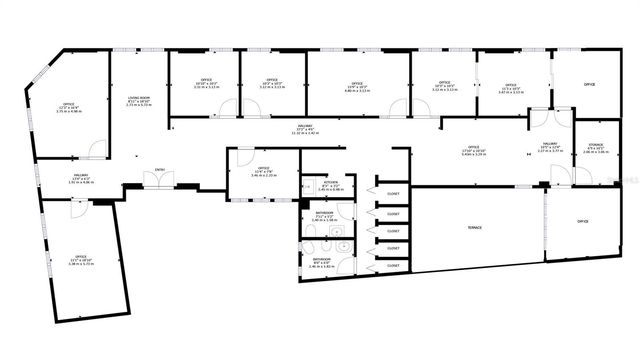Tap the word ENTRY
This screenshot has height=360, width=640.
(x=160, y=170)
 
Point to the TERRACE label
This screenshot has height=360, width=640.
(x=475, y=228)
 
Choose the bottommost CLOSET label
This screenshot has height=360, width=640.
(x=393, y=265)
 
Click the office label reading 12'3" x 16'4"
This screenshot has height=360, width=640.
(x=69, y=107)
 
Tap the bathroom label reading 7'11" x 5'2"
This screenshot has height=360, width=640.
(x=324, y=216)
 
